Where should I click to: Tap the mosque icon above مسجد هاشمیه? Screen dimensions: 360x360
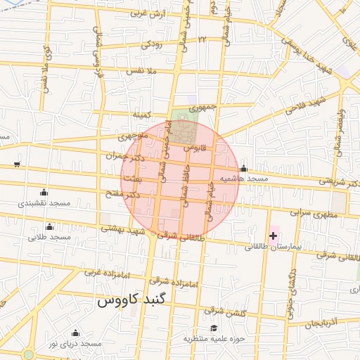[x=243, y=169]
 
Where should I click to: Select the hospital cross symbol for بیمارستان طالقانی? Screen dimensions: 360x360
[x=274, y=235]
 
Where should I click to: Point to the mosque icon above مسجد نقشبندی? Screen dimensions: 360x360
[x=44, y=193]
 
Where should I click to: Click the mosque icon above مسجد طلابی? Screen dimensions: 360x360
[x=49, y=226]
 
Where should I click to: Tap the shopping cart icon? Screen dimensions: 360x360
[x=16, y=165]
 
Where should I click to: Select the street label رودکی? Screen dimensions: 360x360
[x=152, y=44]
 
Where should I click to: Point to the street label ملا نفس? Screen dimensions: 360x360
[x=140, y=71]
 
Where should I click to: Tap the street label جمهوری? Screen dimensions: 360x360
[x=202, y=107]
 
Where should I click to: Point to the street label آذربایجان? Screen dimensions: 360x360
[x=323, y=322]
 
